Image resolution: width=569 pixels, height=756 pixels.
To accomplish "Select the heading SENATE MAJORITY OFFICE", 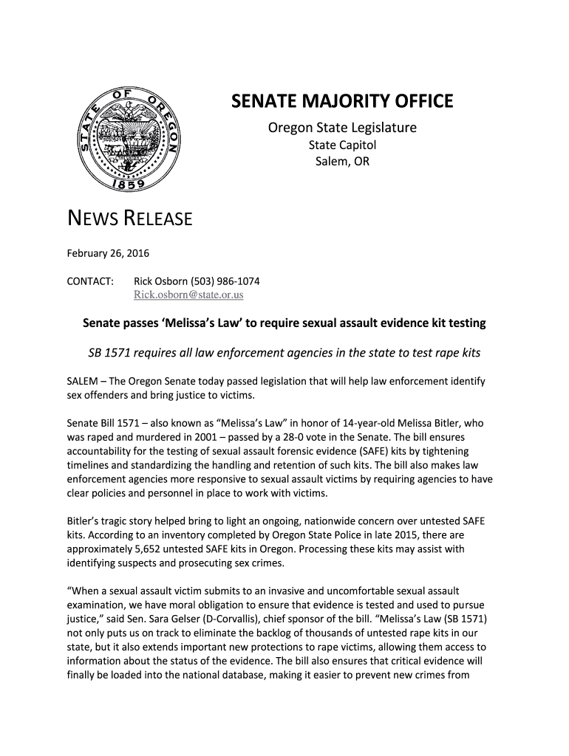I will coord(341,101).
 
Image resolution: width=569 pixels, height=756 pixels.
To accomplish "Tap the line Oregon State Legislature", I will coord(341,128).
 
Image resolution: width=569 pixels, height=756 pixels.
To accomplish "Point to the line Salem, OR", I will coord(341,161).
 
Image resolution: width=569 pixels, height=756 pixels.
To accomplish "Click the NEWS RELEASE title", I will coord(130,219).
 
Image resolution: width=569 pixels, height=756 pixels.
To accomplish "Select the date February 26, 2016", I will coord(109,254).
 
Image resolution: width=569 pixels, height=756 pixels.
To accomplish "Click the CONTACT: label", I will coord(90,282).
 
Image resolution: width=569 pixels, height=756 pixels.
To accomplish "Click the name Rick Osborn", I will coord(160,282).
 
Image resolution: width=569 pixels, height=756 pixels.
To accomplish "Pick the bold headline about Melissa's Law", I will coord(284,323).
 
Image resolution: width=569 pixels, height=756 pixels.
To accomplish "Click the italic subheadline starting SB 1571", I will coord(284,352).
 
